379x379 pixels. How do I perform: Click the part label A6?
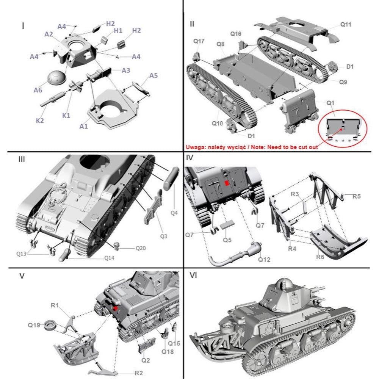[x=38, y=90]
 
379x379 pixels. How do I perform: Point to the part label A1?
[x=83, y=126]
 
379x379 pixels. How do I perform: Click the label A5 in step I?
[x=153, y=75]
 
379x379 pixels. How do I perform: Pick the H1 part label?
[x=118, y=31]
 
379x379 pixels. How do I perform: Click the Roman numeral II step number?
[x=192, y=24]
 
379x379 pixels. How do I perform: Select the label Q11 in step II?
[x=345, y=25]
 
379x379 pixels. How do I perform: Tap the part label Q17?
[x=199, y=41]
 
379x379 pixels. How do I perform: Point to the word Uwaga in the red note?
[x=194, y=147]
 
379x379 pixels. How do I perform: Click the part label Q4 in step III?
[x=174, y=213]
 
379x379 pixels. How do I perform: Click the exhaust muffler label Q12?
[x=264, y=259]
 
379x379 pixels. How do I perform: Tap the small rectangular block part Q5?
[x=227, y=224]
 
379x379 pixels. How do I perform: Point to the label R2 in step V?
[x=138, y=373]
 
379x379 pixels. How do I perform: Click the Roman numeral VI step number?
[x=193, y=276]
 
